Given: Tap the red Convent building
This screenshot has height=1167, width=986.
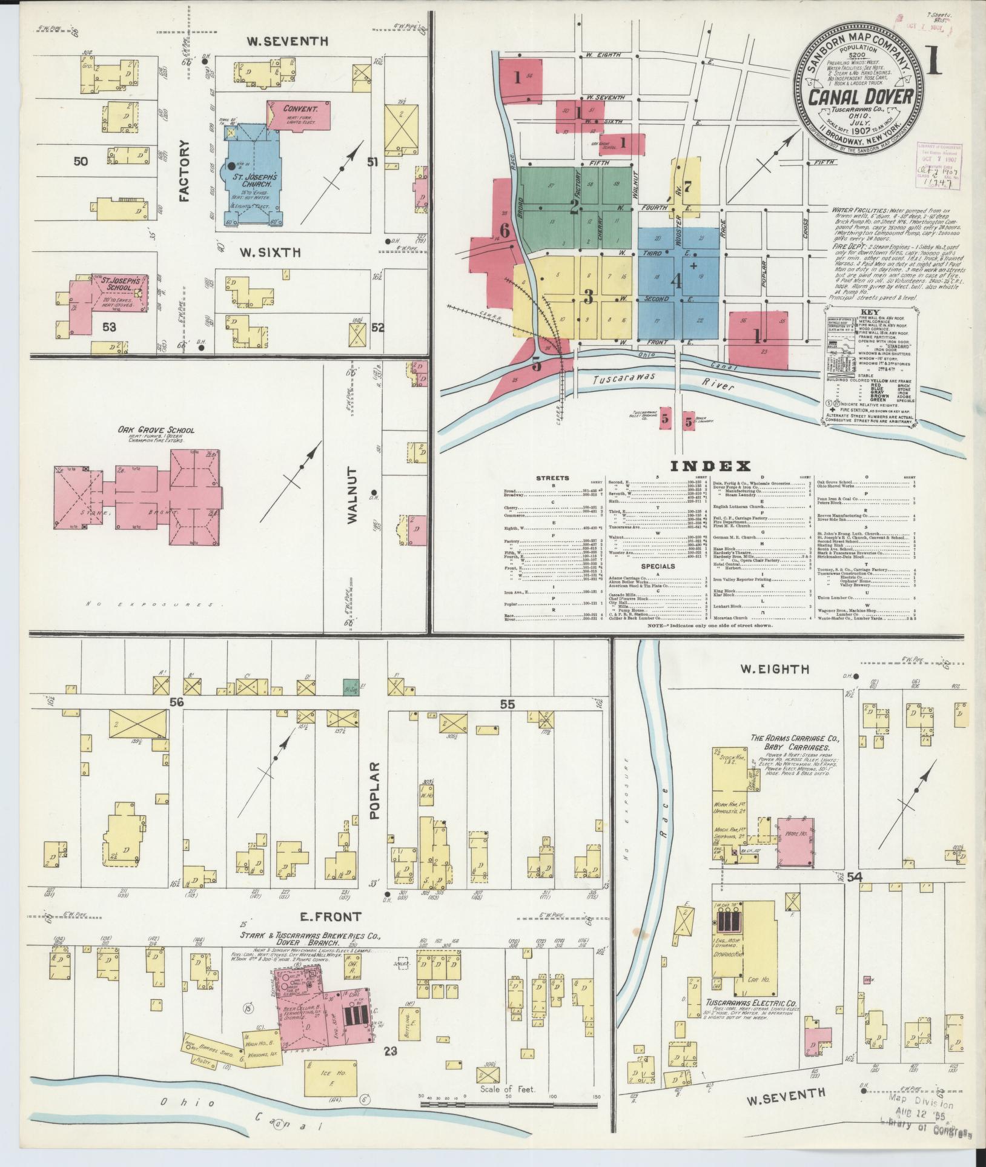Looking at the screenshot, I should click(x=300, y=115).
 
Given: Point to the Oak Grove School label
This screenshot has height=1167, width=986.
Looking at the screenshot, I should click(x=156, y=430).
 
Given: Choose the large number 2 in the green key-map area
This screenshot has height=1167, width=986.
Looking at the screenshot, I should click(x=574, y=207).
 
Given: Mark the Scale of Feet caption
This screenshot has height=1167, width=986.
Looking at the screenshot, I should click(x=508, y=1088).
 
